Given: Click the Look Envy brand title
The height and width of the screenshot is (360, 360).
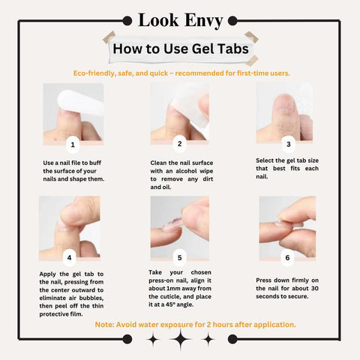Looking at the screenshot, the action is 180,20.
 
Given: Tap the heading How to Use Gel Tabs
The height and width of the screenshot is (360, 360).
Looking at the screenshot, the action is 181,49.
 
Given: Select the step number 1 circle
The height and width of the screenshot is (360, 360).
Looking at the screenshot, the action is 73,145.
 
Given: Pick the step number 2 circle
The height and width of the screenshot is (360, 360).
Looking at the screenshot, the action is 179,144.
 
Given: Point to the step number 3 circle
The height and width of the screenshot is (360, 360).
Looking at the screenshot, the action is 289,144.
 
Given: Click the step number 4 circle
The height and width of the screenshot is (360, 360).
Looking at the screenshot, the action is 69,257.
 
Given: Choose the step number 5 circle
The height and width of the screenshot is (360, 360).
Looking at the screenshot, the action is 179,258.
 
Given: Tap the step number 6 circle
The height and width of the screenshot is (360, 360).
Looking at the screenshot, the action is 287,258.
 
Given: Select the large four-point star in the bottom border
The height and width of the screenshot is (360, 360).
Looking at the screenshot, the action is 181,339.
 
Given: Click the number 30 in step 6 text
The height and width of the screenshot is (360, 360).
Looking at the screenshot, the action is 315,288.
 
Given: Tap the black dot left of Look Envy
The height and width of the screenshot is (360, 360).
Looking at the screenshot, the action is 127,21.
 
